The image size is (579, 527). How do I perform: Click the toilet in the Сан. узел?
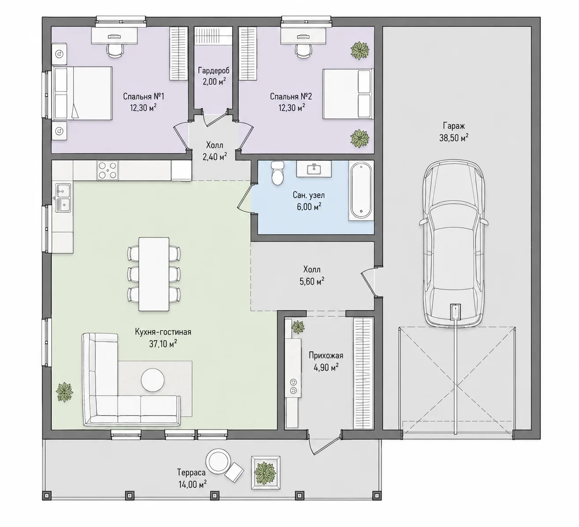click(278, 173)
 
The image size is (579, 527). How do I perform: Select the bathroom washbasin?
click(313, 169)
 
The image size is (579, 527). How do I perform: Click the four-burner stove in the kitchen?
click(108, 170)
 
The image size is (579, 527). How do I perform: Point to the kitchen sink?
click(63, 198)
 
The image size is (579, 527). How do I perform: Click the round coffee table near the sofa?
click(153, 380)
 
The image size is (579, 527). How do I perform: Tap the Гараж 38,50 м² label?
click(454, 132)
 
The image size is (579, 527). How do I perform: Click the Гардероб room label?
click(214, 70)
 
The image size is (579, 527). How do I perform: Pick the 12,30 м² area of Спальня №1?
click(143, 108)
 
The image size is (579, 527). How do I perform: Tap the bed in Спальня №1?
click(82, 93)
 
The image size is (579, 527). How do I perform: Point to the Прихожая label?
click(326, 356)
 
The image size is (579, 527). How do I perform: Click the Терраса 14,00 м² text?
click(192, 478)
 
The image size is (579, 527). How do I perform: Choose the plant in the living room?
click(64, 392)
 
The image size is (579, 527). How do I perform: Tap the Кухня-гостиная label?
click(163, 332)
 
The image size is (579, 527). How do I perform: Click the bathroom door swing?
click(244, 198)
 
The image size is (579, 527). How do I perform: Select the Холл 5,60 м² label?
click(312, 276)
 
